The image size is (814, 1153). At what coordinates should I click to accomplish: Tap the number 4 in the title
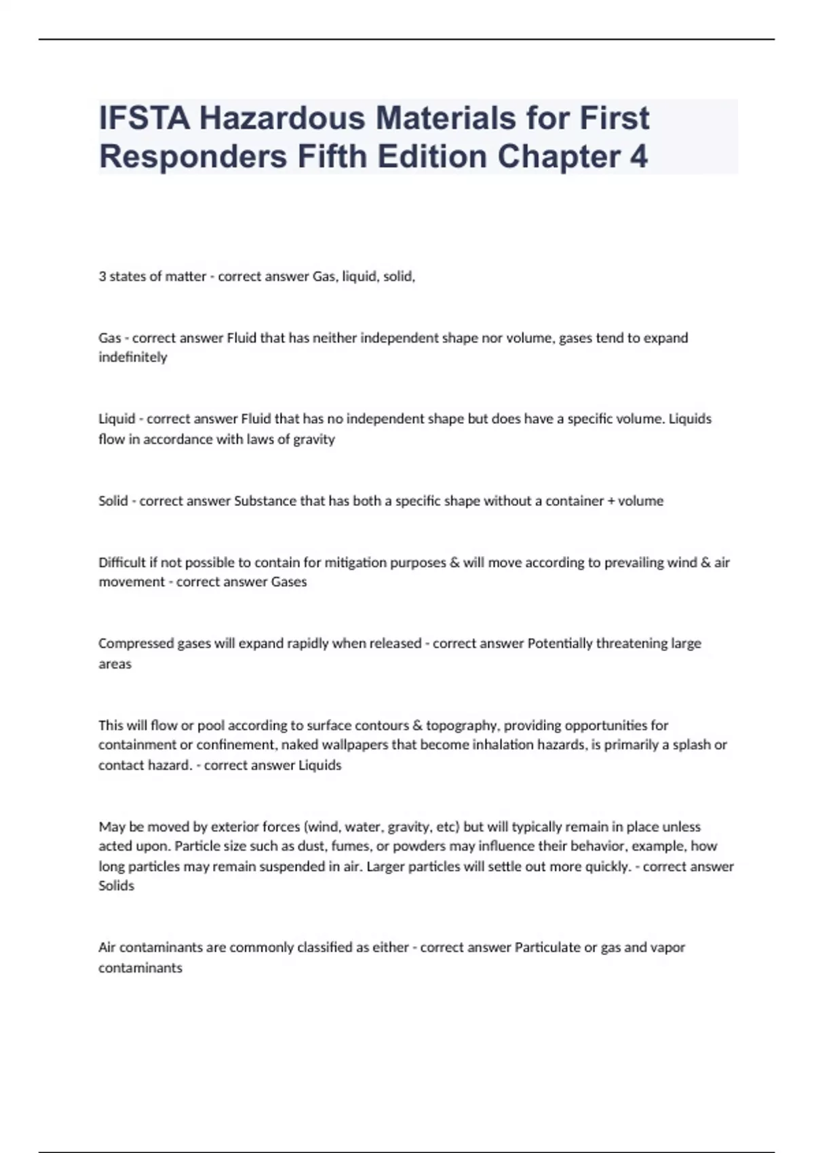click(638, 157)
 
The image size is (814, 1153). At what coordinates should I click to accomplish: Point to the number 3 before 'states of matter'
click(102, 277)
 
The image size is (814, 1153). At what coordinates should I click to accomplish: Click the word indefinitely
click(132, 357)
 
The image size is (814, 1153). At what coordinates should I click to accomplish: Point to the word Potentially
click(560, 644)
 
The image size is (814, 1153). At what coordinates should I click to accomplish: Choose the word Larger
click(385, 866)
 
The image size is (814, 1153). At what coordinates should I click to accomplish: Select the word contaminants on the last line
click(140, 968)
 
